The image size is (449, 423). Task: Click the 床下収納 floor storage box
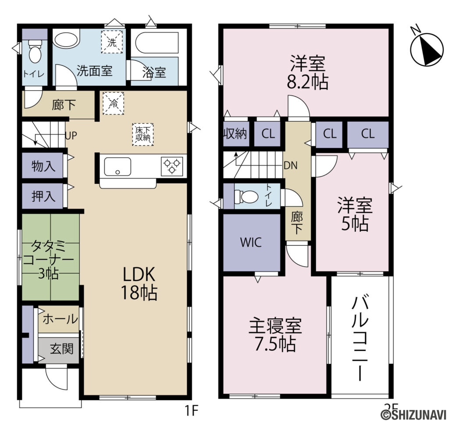pos(143,134)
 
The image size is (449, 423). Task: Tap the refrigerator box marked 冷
pos(112,102)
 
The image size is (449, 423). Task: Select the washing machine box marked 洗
pos(112,42)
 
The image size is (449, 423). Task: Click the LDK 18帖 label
pos(139,283)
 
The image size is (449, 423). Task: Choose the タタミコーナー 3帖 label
pos(50,260)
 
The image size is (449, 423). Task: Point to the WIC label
pos(250,242)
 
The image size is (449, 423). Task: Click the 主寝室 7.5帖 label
pos(275,335)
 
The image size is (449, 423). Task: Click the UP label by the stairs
pos(71,134)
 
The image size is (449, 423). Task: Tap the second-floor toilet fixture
pos(246,197)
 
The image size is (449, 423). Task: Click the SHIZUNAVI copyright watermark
pos(414,415)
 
